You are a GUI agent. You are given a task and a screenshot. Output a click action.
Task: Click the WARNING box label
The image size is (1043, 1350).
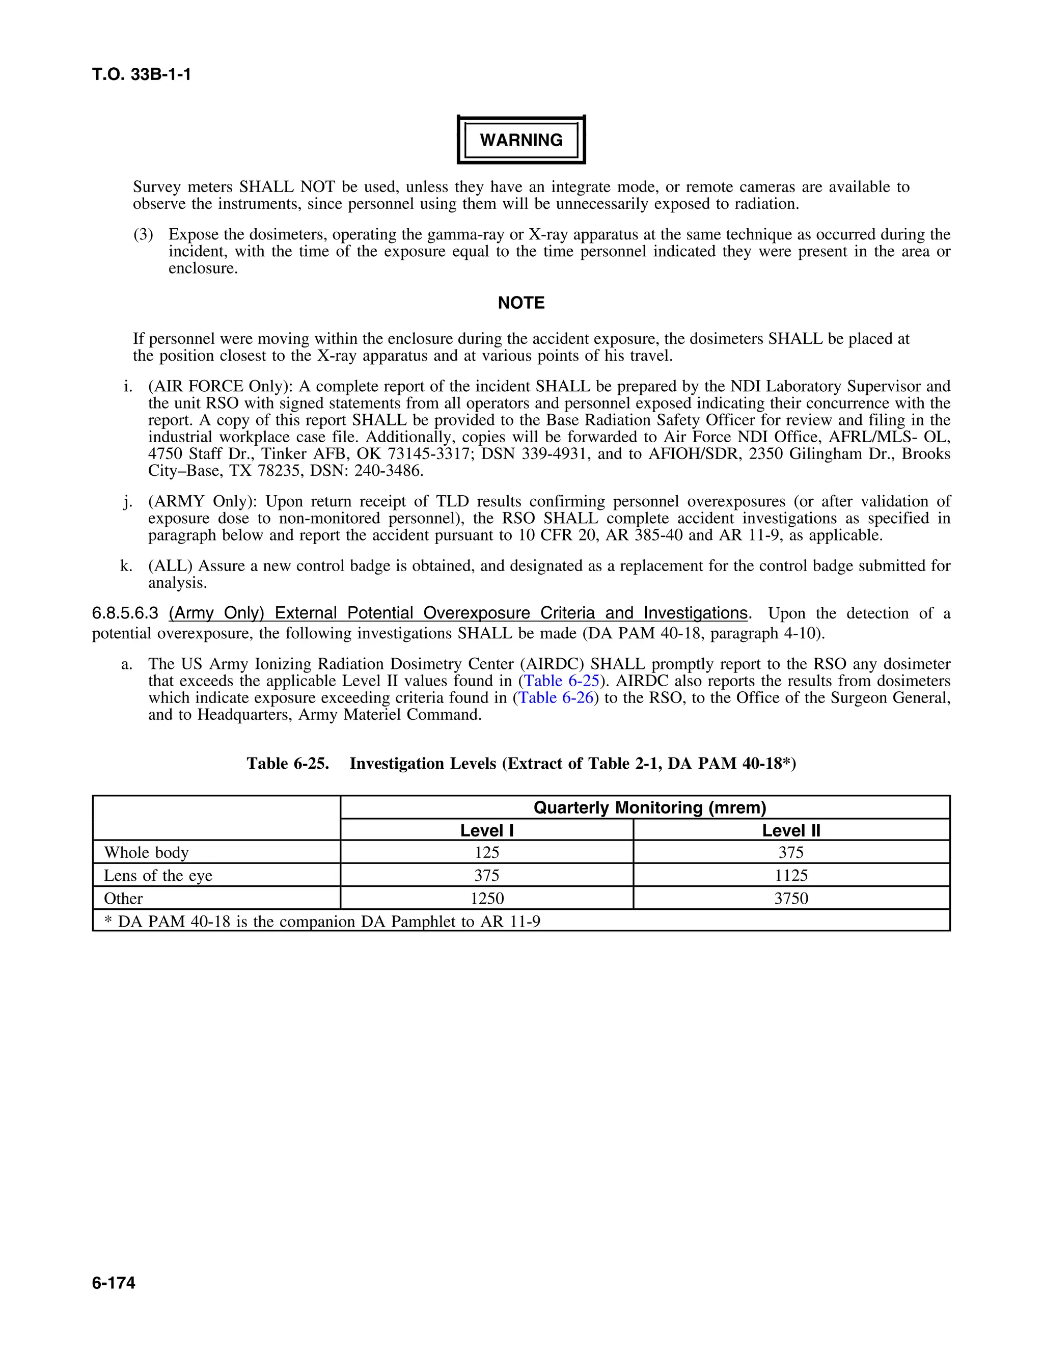coord(521,140)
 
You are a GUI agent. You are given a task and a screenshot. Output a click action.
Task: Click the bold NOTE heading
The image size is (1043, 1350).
coord(521,303)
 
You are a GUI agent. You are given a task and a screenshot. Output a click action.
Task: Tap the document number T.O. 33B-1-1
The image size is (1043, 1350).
coord(142,75)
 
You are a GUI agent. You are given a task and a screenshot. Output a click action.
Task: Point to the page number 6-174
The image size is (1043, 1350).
coord(114,1283)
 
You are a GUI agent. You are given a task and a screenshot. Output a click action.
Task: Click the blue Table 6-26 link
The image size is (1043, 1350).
coord(556,698)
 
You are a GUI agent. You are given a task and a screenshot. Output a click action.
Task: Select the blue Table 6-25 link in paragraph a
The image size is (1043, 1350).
coord(562,681)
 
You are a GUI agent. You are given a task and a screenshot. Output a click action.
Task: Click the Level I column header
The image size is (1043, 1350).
coord(486,830)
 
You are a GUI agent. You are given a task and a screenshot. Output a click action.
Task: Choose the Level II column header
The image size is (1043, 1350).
coord(791,830)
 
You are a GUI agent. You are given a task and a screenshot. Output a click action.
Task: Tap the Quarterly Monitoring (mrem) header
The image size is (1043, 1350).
coord(649,807)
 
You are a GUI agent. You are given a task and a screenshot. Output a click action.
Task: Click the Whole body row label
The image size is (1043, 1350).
coord(146,852)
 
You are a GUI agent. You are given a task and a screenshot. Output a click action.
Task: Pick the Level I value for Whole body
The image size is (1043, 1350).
coord(486,852)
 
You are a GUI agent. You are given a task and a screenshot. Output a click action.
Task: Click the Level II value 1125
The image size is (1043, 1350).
coord(791,875)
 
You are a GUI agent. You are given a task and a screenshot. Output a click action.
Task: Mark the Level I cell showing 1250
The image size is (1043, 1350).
coord(486,898)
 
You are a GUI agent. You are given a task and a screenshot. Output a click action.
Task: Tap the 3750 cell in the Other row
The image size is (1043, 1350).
coord(791,898)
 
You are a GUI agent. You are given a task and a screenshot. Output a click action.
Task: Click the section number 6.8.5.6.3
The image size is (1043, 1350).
coord(125,613)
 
